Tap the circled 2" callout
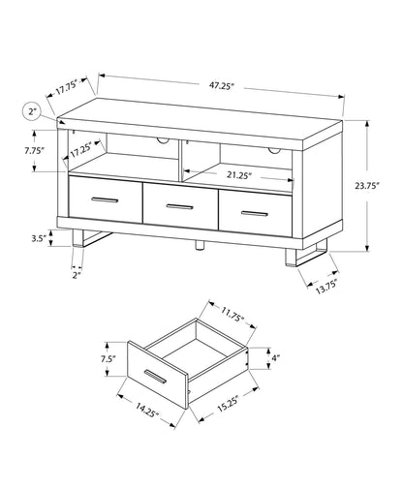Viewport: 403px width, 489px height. [x=33, y=113]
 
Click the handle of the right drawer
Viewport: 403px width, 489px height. [x=254, y=210]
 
